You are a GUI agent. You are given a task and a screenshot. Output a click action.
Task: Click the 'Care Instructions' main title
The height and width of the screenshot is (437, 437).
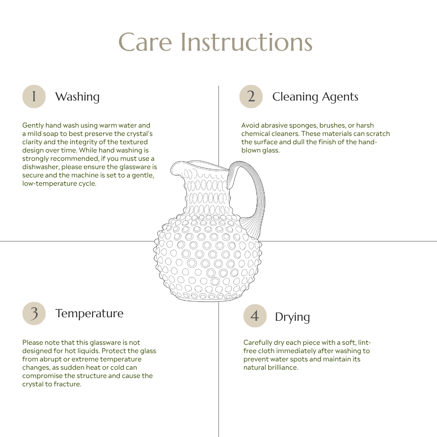pos(215,42)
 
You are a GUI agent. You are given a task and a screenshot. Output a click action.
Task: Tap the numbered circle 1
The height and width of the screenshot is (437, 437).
pos(34,97)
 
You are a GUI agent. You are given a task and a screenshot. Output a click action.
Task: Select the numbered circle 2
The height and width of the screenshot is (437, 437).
pos(251,97)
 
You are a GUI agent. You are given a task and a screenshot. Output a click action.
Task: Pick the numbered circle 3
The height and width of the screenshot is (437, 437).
pos(34,313)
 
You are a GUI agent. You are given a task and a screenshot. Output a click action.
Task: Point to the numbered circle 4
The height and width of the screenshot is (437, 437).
pos(255,316)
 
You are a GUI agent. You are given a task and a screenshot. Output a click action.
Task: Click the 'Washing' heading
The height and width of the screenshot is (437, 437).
pos(77,97)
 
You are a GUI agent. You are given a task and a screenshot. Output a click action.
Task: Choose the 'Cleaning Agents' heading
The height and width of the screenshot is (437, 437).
pos(315,97)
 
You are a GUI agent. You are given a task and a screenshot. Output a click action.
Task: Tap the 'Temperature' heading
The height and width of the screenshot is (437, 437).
pos(89,313)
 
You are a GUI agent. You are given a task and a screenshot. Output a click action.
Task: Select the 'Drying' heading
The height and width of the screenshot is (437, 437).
pos(292,317)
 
